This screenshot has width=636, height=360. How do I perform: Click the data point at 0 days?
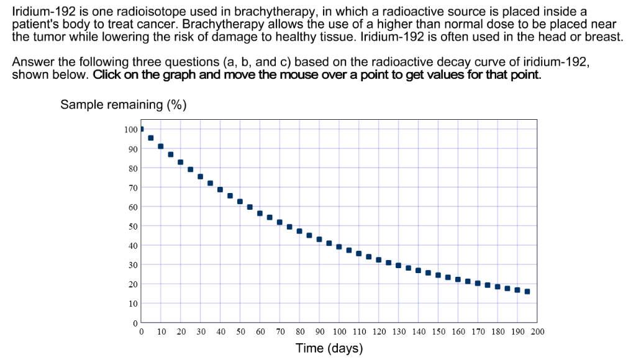pyautogui.click(x=142, y=129)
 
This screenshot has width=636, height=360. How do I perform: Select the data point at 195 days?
pyautogui.click(x=527, y=291)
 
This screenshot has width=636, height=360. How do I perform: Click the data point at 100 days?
pyautogui.click(x=339, y=246)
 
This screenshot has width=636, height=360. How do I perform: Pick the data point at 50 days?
pyautogui.click(x=240, y=201)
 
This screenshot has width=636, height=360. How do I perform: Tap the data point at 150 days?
pyautogui.click(x=438, y=275)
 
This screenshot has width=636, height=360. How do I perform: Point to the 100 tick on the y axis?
pyautogui.click(x=130, y=129)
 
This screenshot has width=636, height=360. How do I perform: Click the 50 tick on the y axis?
pyautogui.click(x=132, y=226)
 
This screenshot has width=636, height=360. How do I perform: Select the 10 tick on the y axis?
pyautogui.click(x=132, y=304)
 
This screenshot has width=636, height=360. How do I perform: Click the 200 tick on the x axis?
pyautogui.click(x=537, y=332)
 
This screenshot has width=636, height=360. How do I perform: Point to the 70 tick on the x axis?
pyautogui.click(x=280, y=332)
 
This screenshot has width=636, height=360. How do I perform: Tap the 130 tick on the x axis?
pyautogui.click(x=399, y=332)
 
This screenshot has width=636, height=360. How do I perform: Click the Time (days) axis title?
pyautogui.click(x=329, y=348)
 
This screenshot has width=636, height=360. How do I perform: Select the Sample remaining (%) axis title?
pyautogui.click(x=124, y=104)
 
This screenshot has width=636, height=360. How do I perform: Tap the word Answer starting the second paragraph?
pyautogui.click(x=32, y=63)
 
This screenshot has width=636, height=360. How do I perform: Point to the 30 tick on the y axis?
pyautogui.click(x=132, y=265)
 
